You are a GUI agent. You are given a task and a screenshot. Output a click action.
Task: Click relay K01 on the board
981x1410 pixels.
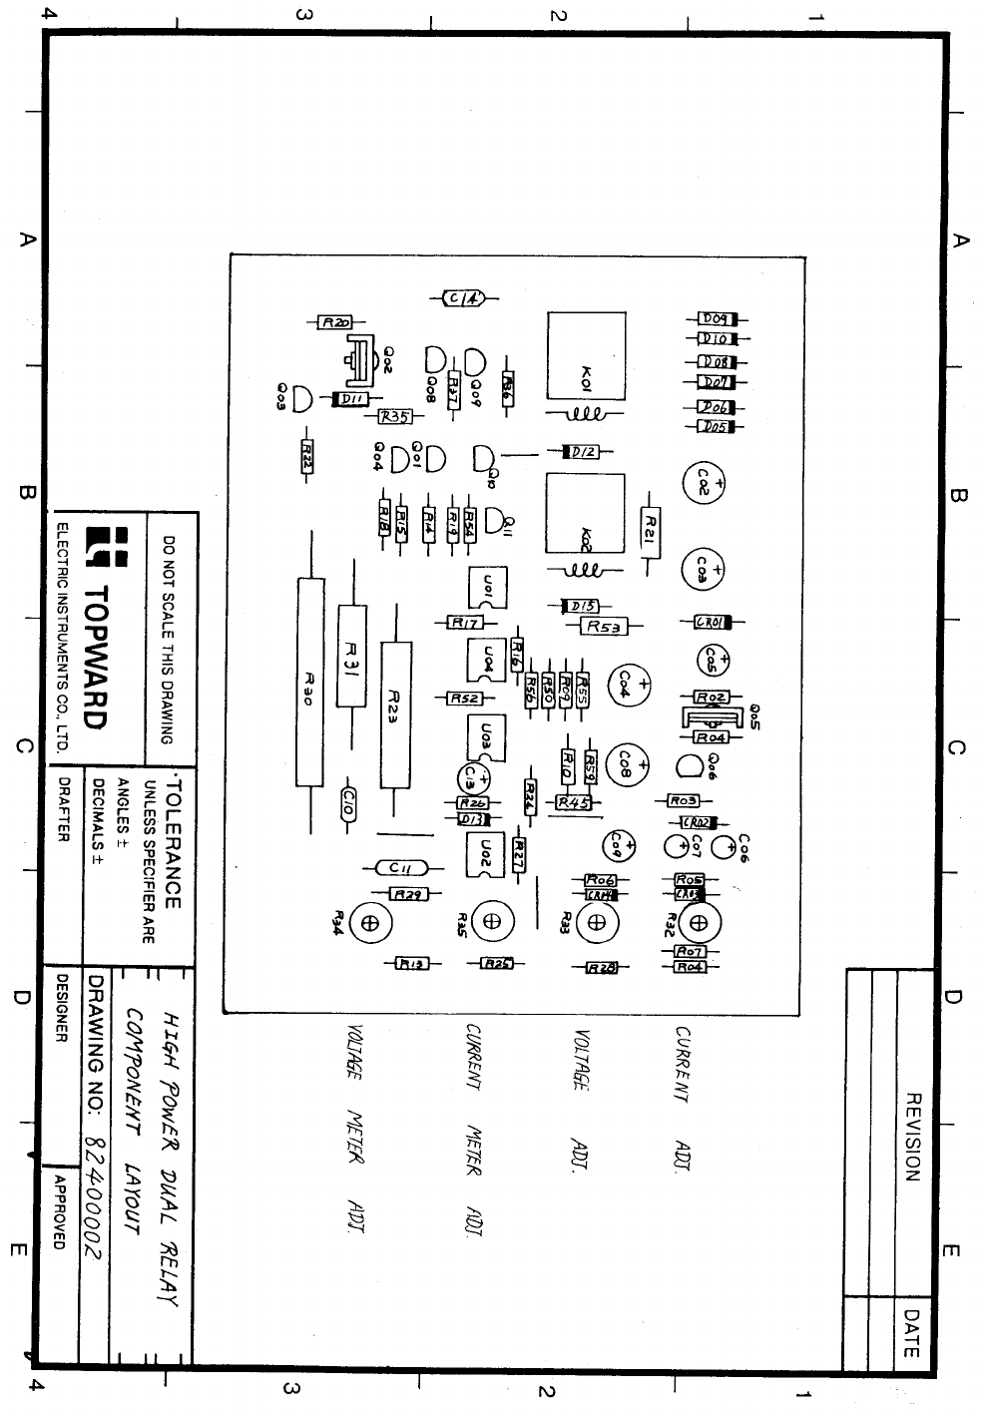[x=585, y=356]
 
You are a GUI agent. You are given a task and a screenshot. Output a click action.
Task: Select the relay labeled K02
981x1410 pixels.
[x=585, y=513]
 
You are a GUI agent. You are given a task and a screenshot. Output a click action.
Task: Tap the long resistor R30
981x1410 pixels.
[x=309, y=684]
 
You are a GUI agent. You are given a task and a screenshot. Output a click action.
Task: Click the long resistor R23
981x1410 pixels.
[x=395, y=714]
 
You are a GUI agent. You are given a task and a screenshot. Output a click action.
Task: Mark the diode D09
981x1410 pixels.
[x=716, y=318]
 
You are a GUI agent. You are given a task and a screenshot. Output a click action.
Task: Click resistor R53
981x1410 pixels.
[x=604, y=627]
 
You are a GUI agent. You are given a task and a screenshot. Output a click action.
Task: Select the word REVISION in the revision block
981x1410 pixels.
[x=911, y=1137]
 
